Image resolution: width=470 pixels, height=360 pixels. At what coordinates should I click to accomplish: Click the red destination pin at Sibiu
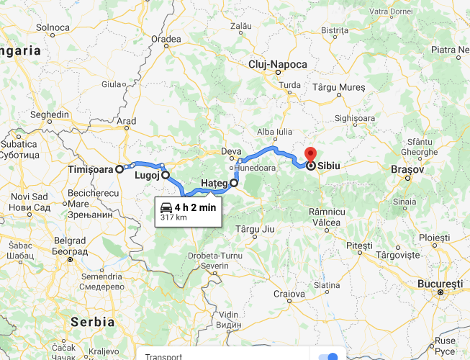[x=311, y=154]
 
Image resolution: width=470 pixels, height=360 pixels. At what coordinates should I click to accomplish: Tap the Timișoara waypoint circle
[x=120, y=169]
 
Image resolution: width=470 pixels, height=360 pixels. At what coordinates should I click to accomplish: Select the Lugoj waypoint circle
[x=166, y=174]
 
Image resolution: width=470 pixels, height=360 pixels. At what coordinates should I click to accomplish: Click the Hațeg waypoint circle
[x=234, y=183]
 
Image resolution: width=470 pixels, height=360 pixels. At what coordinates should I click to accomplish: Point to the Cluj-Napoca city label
[x=277, y=65]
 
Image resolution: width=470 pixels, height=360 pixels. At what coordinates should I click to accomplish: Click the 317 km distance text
[x=173, y=217]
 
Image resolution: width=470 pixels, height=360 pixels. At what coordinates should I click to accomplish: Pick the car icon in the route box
[x=166, y=207]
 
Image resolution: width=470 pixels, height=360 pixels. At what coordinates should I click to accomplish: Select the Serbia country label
[x=93, y=321]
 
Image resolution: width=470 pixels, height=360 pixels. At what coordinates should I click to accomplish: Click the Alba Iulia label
[x=275, y=132]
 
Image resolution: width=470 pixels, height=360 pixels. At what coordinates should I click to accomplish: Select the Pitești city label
[x=359, y=246]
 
